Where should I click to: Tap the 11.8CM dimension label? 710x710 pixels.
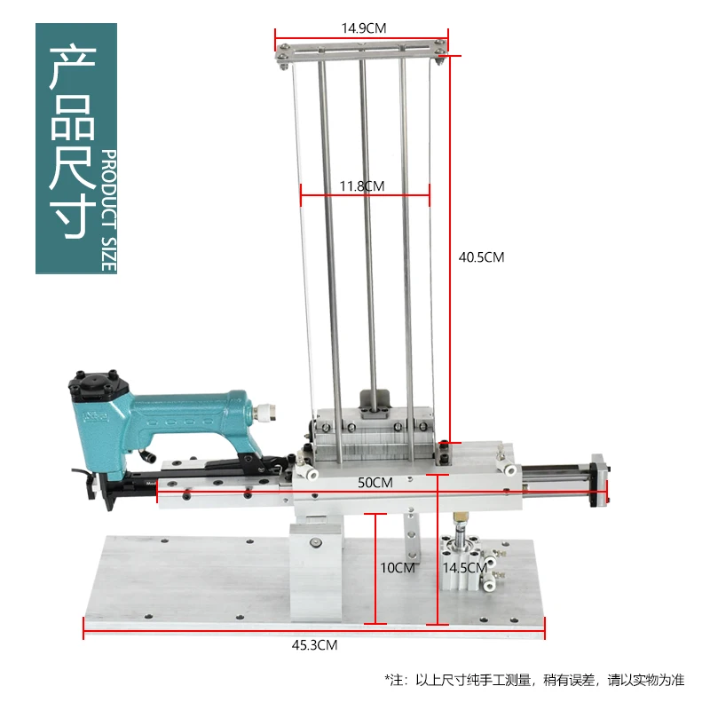point(361,186)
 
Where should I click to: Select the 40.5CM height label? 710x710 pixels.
point(481,257)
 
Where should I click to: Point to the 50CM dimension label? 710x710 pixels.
point(375,483)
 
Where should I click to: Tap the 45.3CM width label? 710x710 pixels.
point(314,645)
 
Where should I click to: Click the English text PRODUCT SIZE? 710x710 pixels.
point(109,209)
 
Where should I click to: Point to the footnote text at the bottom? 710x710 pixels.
point(535,680)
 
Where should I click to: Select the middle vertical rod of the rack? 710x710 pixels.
point(363,231)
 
